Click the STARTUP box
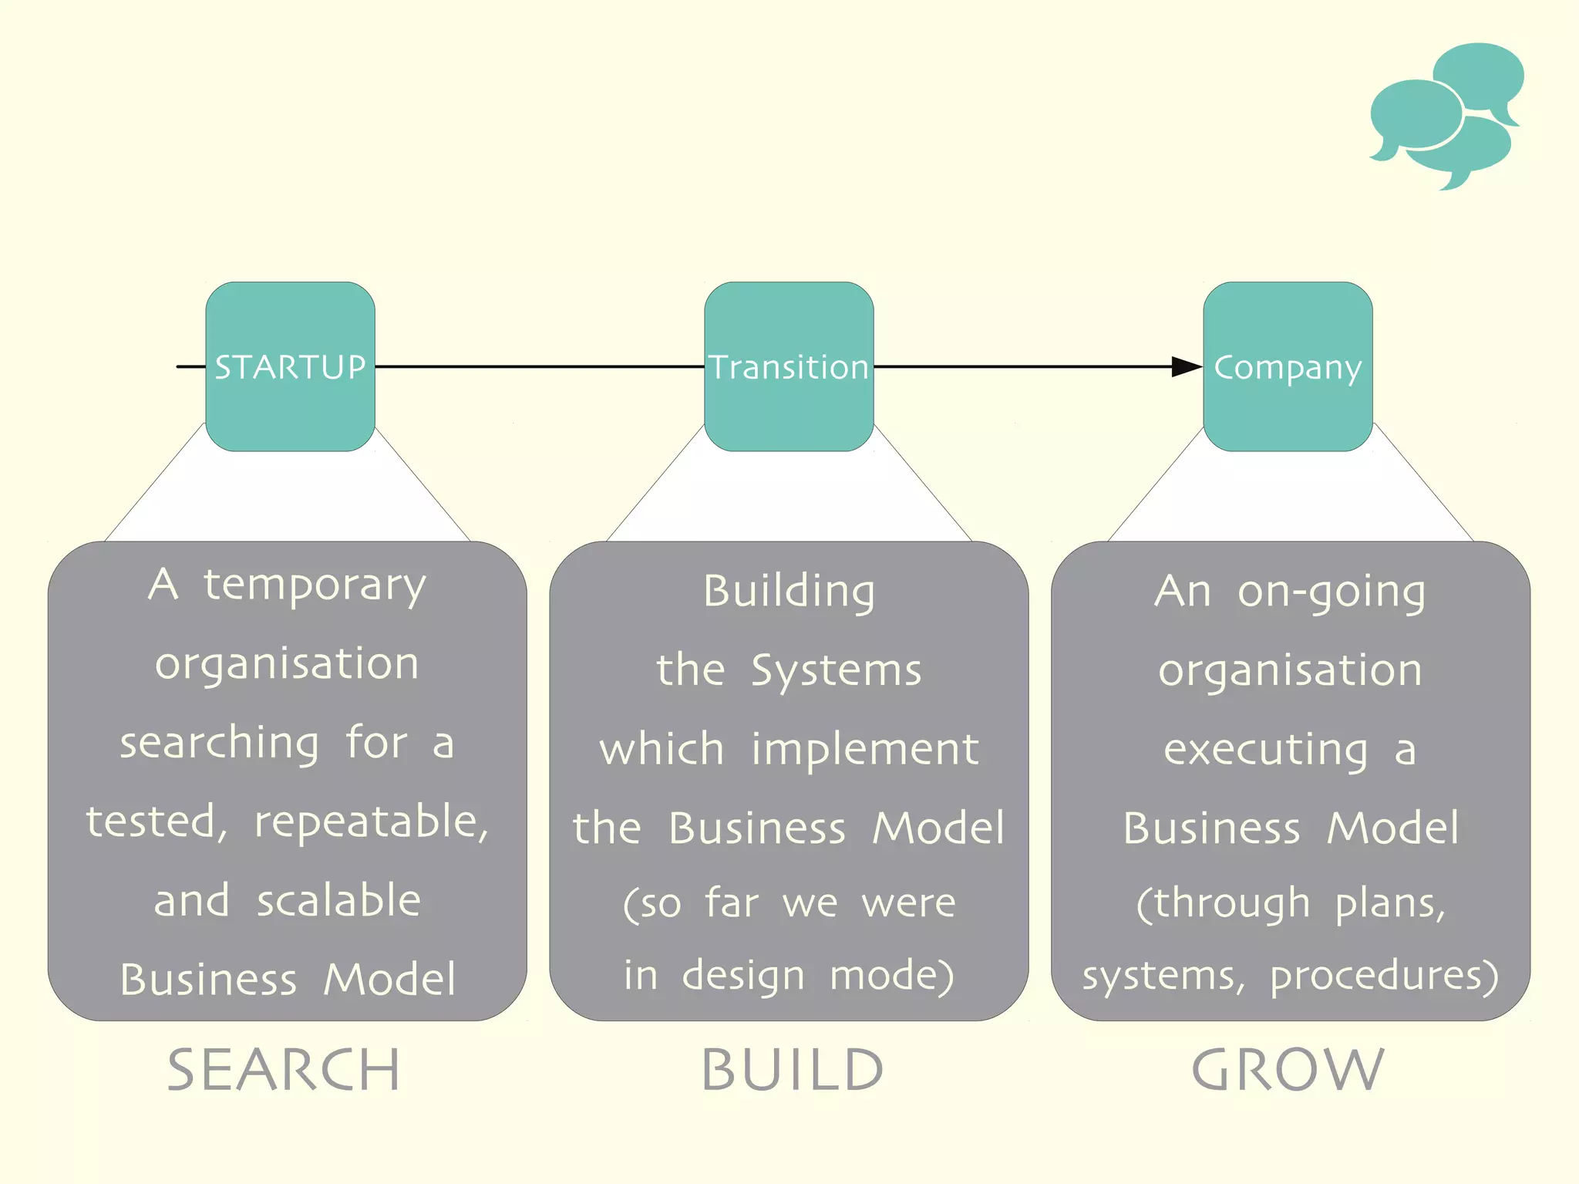(290, 366)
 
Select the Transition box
(789, 366)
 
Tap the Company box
(1288, 366)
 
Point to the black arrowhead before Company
(1186, 366)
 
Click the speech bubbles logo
(1446, 116)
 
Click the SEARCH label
(284, 1070)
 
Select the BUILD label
(792, 1070)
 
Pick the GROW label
(1288, 1070)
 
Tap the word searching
(220, 744)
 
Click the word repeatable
(371, 822)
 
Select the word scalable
(339, 901)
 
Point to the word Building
(789, 592)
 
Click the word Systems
(837, 670)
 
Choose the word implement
(865, 750)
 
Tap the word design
(743, 976)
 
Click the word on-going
(1332, 592)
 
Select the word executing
(1266, 750)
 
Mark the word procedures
(1383, 976)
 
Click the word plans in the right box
(1389, 903)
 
